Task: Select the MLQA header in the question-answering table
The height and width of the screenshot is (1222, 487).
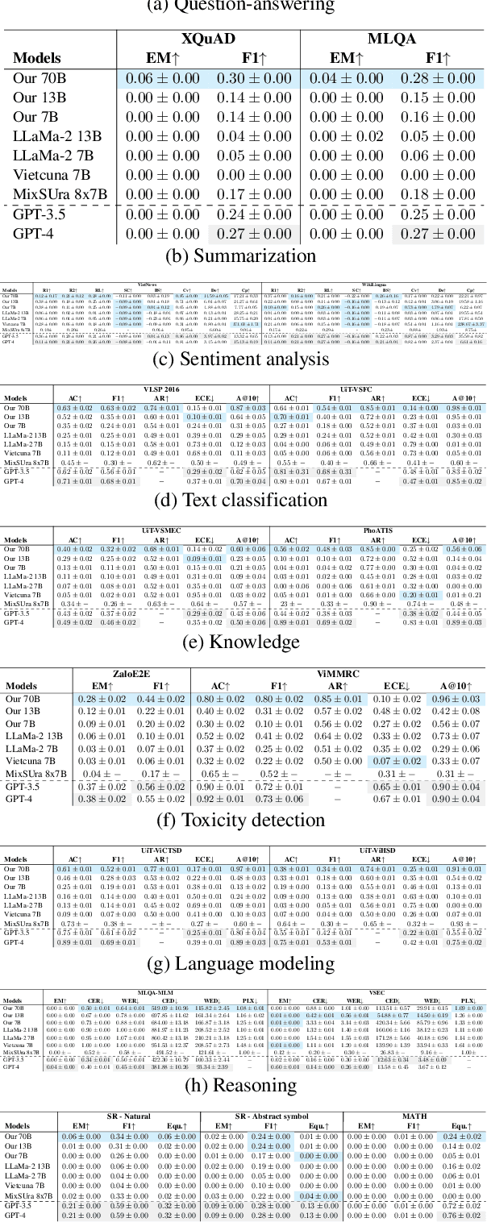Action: [392, 38]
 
